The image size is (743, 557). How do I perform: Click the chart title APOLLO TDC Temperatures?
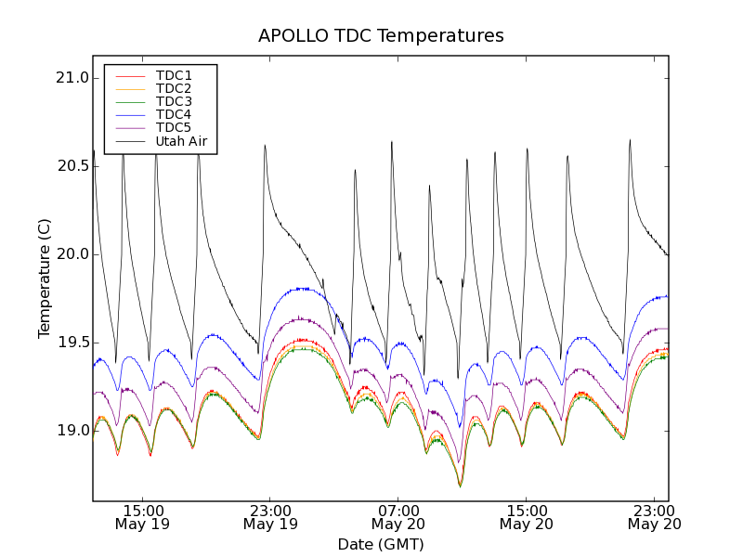[381, 36]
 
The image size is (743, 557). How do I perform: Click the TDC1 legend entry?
[174, 75]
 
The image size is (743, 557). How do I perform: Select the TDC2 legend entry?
[174, 88]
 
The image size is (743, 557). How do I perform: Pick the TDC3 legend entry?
[174, 101]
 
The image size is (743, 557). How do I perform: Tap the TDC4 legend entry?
[174, 114]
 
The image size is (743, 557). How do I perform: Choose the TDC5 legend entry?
[174, 127]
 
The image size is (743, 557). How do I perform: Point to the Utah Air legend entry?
[181, 141]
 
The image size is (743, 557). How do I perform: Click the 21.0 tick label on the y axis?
[72, 78]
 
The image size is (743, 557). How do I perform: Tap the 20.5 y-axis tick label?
[72, 166]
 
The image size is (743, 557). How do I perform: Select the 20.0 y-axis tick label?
[72, 254]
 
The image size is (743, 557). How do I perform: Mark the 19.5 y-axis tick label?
[72, 343]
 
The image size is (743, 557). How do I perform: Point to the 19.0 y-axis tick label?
[72, 431]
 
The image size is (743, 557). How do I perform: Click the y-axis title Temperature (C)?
[45, 278]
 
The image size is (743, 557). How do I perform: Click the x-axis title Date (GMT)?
[381, 544]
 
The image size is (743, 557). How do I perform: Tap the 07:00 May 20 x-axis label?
[398, 517]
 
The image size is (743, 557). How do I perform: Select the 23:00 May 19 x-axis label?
[270, 517]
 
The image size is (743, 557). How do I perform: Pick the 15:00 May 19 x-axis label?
[143, 517]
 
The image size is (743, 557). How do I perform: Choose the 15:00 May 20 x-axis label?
[527, 517]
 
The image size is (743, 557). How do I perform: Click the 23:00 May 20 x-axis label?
[654, 517]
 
